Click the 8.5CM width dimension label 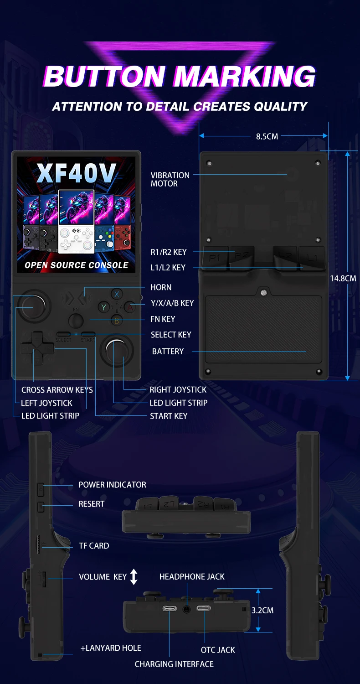pos(267,136)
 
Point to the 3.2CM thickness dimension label pos(262,610)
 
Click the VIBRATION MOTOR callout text pos(170,179)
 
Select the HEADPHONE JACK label pos(192,577)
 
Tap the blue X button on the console pos(117,294)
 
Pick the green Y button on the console pos(104,307)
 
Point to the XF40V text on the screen pos(76,172)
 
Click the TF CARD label pos(94,546)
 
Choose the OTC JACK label pos(218,650)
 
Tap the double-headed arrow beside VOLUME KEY pos(134,577)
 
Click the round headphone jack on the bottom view pos(186,609)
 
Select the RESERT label pos(92,504)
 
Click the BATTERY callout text pos(168,351)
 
